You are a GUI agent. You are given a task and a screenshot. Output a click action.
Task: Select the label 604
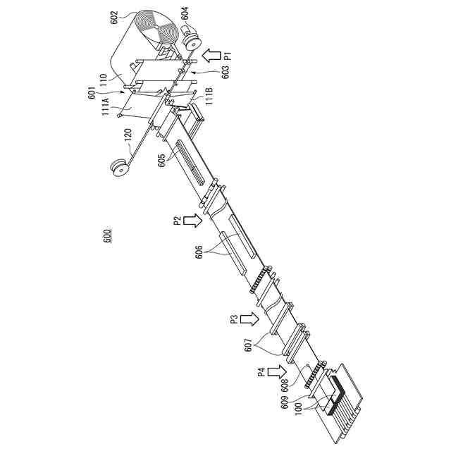click(x=185, y=13)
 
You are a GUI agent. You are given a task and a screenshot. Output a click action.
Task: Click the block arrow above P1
click(x=210, y=54)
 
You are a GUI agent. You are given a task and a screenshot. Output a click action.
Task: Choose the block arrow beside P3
click(x=249, y=319)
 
